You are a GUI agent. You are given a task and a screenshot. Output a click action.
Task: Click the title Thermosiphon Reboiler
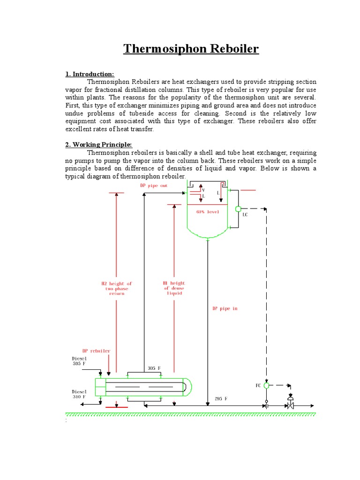pyautogui.click(x=191, y=49)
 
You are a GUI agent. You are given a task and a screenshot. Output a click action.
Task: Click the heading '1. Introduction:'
pyautogui.click(x=90, y=74)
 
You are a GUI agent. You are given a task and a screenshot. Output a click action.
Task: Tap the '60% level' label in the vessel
pyautogui.click(x=208, y=212)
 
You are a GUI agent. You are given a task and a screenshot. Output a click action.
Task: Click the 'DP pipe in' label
pyautogui.click(x=225, y=309)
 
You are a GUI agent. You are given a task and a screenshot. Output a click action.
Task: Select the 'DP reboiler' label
pyautogui.click(x=97, y=351)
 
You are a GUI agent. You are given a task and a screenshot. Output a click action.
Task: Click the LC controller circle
pyautogui.click(x=238, y=209)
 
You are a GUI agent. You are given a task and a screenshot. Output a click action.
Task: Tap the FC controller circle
pyautogui.click(x=266, y=385)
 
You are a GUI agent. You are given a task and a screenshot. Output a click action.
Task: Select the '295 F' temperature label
pyautogui.click(x=221, y=398)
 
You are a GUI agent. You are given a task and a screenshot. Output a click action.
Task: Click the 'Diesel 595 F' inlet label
pyautogui.click(x=80, y=361)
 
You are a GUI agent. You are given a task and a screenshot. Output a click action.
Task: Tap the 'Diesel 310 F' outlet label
pyautogui.click(x=79, y=394)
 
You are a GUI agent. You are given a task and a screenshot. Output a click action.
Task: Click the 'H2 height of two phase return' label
pyautogui.click(x=117, y=288)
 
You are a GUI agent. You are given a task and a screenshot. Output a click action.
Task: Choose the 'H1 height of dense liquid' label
pyautogui.click(x=174, y=288)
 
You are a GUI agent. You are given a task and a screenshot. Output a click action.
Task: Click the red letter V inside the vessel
pyautogui.click(x=203, y=190)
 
